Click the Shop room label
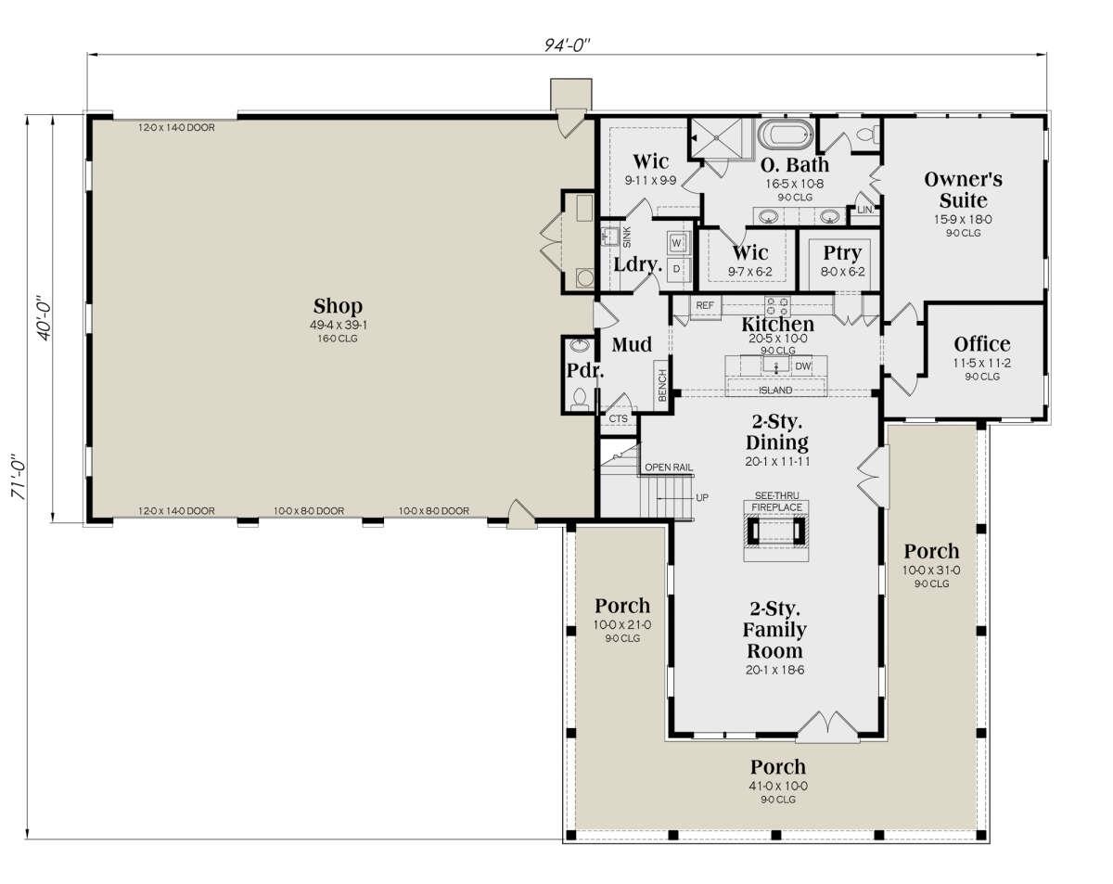click(339, 306)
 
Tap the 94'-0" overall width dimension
click(567, 45)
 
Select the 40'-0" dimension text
click(45, 317)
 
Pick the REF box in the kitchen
click(705, 306)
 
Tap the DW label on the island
click(802, 366)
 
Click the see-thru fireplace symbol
click(776, 530)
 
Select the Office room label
click(981, 344)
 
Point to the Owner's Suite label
click(963, 190)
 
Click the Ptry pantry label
click(842, 253)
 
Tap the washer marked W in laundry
click(677, 243)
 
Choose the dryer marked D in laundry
click(676, 269)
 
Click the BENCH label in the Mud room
click(662, 385)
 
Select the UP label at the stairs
click(702, 497)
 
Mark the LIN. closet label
click(864, 210)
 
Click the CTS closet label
click(618, 418)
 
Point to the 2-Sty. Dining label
click(777, 432)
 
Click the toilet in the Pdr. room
click(580, 399)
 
